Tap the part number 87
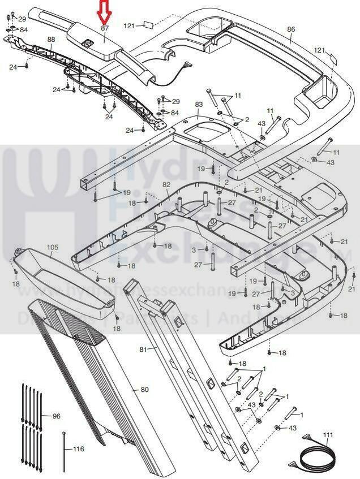pyautogui.click(x=105, y=28)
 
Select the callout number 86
pyautogui.click(x=291, y=29)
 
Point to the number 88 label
pyautogui.click(x=51, y=40)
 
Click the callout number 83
pyautogui.click(x=199, y=105)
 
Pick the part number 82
pyautogui.click(x=166, y=185)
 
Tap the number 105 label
pyautogui.click(x=53, y=248)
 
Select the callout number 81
pyautogui.click(x=143, y=349)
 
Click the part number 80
pyautogui.click(x=144, y=390)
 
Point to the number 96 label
pyautogui.click(x=56, y=416)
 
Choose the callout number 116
pyautogui.click(x=78, y=449)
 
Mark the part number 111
pyautogui.click(x=328, y=434)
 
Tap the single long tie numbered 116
pyautogui.click(x=64, y=450)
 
